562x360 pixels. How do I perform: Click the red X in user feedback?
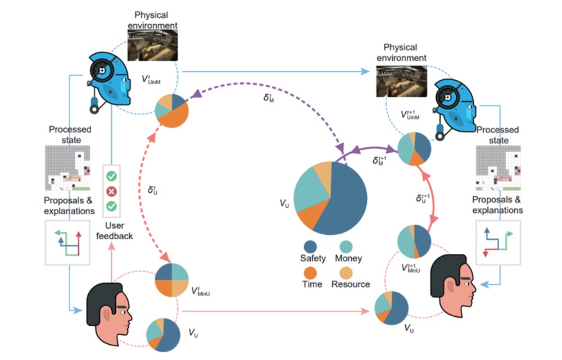pos(111,192)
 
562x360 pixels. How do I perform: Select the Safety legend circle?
pos(310,247)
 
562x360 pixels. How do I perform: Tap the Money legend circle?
pos(346,247)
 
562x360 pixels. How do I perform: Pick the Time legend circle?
pos(310,273)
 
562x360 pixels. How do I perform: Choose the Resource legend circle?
pos(346,273)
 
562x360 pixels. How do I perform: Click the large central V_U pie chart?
pos(330,198)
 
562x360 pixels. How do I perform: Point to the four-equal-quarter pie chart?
pos(171,280)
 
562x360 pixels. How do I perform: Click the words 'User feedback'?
pos(114,231)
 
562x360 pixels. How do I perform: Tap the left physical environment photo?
pos(153,45)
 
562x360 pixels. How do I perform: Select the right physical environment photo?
pos(401,81)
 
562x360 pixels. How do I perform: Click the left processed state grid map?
pos(68,167)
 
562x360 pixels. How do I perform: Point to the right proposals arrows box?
pos(498,243)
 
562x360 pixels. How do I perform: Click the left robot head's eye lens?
pos(102,71)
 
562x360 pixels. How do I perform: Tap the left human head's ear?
pos(107,315)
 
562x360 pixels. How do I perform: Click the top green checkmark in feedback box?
pos(111,176)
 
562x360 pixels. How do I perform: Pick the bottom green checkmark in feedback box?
pos(111,206)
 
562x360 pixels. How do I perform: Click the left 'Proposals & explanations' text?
pos(69,206)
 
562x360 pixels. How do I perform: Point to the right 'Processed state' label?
pos(497,135)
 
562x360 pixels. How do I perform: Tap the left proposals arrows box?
pos(67,243)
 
